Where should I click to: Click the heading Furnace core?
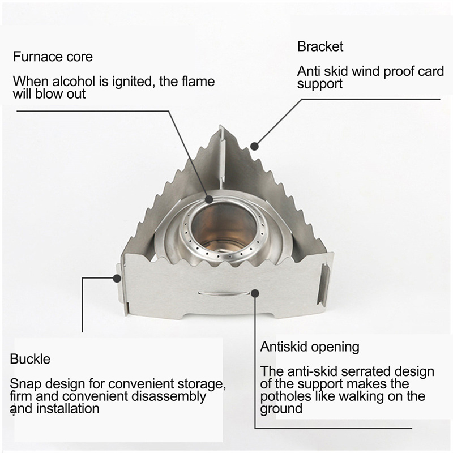(x=53, y=57)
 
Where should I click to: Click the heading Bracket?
(x=320, y=46)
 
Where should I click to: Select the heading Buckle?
(x=30, y=358)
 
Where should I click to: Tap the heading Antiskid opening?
(x=310, y=346)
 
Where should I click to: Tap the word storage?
(x=203, y=383)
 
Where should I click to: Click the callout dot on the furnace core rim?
(x=210, y=199)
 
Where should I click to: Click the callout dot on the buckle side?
(x=118, y=278)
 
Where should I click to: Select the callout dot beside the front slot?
(x=255, y=293)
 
